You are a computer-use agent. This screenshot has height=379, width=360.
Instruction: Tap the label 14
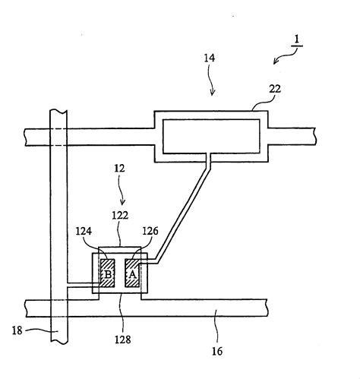coord(210,58)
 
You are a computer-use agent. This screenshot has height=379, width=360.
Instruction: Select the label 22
coord(275,89)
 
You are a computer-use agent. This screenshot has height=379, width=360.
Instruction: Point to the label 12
coord(119,169)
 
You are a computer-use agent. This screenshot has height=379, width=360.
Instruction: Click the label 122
coord(120,216)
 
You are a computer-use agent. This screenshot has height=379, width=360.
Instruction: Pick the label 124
coord(84,231)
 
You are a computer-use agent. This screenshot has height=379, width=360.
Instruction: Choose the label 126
coord(150,231)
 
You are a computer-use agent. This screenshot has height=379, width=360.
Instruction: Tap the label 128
coord(123,340)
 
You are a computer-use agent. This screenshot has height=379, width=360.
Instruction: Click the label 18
coord(17,330)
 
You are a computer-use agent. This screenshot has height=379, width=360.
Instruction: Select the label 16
coord(217,352)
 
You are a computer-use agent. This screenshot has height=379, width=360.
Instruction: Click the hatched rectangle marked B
coord(108,273)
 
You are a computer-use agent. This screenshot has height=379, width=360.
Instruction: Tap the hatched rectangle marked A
coord(132,273)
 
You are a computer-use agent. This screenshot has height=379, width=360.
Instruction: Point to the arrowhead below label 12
coord(123,203)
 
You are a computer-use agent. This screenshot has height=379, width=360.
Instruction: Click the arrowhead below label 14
coord(213,93)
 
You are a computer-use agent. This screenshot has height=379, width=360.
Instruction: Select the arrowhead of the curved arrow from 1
coord(276,62)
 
